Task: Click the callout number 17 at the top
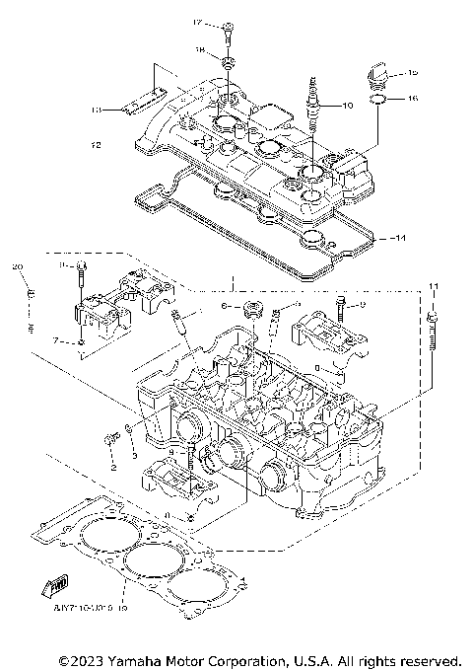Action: point(197,23)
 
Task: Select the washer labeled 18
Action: point(226,63)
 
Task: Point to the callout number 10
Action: point(345,105)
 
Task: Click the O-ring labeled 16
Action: point(380,99)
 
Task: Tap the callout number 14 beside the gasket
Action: point(399,239)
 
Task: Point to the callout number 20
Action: point(17,267)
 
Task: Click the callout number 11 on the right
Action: point(432,286)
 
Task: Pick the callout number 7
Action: point(57,339)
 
